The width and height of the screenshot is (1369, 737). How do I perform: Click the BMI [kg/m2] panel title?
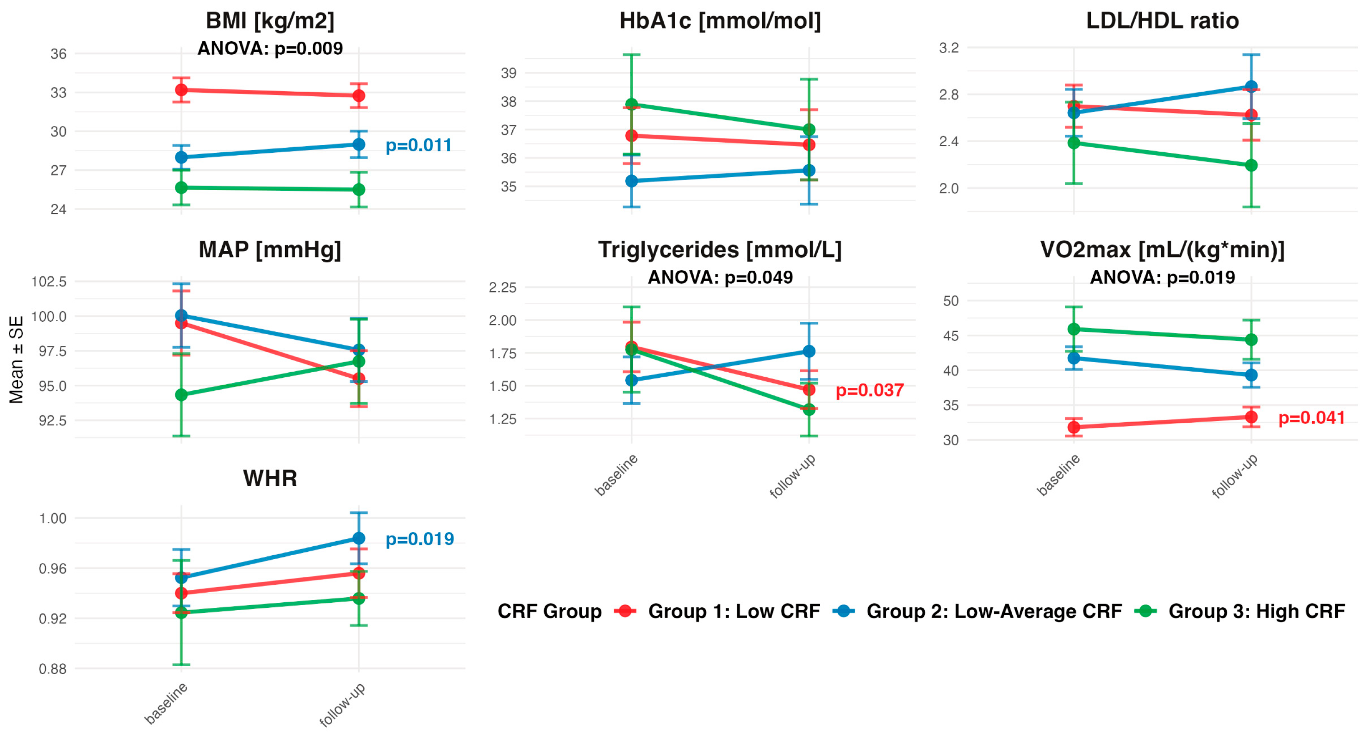pos(270,21)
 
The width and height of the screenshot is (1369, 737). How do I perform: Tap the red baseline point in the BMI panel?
pos(181,90)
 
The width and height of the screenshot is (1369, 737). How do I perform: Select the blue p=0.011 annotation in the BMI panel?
pos(418,145)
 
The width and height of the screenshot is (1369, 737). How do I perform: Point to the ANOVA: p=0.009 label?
pos(270,49)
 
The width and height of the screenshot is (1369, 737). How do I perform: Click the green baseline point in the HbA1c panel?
pos(631,104)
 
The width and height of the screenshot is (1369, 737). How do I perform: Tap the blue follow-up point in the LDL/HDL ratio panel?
pos(1251,87)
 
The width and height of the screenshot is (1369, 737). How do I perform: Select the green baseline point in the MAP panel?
pos(181,395)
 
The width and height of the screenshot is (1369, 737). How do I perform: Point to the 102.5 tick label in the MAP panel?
pos(49,281)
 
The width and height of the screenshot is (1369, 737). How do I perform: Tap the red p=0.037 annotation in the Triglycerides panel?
pos(870,391)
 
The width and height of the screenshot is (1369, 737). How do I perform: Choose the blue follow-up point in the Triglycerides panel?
pos(809,351)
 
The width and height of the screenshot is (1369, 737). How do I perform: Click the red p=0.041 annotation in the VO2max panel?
pos(1312,418)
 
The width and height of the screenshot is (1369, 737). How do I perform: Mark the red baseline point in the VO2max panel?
pos(1074,427)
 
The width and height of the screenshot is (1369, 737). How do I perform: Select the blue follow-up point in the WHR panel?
pos(359,538)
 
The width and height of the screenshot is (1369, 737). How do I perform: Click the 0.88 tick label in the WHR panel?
pos(53,669)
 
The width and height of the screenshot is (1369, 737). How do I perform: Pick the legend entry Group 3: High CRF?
pos(1256,612)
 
